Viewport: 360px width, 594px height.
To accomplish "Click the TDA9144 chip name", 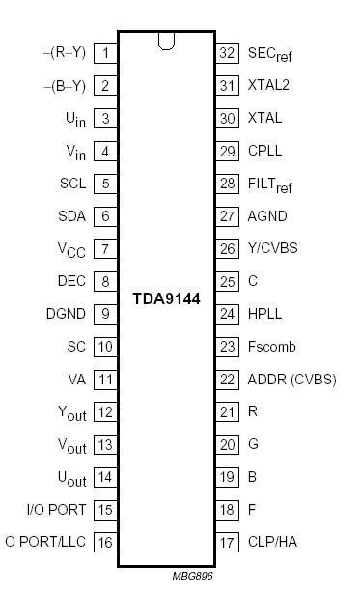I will [167, 298].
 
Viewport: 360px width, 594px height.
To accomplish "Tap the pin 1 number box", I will [105, 53].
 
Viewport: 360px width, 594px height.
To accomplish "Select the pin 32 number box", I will [227, 53].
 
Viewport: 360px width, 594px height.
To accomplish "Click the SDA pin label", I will [71, 216].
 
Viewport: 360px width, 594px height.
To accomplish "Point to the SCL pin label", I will [71, 184].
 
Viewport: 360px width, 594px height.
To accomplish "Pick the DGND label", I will [65, 314].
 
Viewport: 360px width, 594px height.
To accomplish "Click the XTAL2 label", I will [268, 85].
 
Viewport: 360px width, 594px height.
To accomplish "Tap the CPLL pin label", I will [266, 151].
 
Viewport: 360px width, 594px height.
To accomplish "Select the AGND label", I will [267, 216].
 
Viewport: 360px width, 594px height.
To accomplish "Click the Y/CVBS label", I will [273, 248].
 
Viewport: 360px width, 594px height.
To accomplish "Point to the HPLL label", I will [266, 314].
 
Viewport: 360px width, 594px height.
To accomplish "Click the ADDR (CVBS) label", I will [291, 380].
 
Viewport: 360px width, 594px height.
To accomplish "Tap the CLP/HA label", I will [272, 542].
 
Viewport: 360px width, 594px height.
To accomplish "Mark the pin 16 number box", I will [105, 542].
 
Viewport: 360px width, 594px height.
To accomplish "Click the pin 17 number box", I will [227, 542].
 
